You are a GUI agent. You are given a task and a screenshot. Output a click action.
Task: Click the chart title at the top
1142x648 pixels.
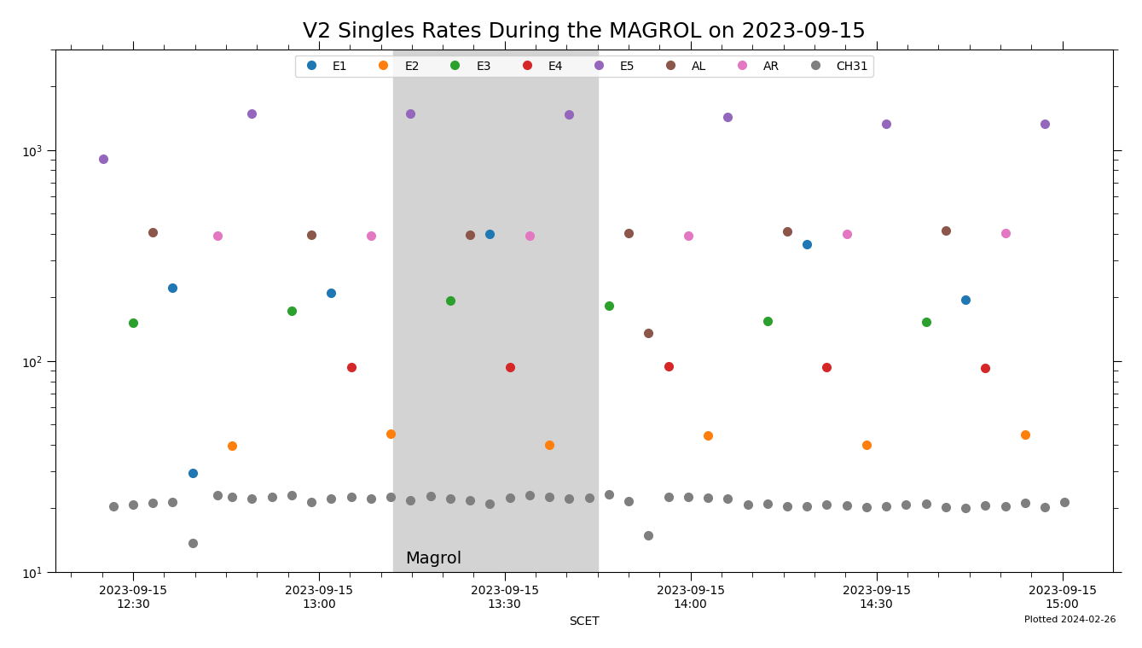pos(583,32)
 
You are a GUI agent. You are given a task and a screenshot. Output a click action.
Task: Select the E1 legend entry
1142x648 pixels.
pos(339,67)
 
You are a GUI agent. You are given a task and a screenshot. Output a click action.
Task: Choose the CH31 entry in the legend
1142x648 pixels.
pos(851,67)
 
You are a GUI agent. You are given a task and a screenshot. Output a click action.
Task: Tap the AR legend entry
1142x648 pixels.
pos(770,67)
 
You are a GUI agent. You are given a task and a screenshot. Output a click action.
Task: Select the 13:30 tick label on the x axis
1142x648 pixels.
pos(504,597)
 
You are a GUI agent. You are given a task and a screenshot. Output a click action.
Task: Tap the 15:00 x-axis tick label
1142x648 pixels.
pos(1062,597)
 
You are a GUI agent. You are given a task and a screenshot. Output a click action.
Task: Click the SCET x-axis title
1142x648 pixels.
pos(583,622)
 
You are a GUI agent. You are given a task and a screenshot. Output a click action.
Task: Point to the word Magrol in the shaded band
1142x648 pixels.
pos(433,558)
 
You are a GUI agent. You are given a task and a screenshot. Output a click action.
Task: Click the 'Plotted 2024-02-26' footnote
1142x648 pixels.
pos(1070,620)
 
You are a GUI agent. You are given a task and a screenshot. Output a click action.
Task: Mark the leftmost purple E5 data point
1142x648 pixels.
pos(103,159)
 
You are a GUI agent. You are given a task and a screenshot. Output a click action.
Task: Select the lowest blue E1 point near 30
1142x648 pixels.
pos(193,473)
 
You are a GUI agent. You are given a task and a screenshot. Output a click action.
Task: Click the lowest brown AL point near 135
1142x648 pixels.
pos(648,333)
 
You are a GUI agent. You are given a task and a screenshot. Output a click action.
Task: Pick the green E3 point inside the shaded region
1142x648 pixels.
pos(450,301)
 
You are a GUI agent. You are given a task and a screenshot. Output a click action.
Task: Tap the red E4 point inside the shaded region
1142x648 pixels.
pos(510,367)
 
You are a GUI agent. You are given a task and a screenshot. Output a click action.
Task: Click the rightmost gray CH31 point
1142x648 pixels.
pos(1064,502)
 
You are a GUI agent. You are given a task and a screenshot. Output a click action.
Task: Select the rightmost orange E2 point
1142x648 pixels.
pos(1025,435)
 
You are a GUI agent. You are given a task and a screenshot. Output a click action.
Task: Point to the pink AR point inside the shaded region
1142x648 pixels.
pos(530,236)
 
